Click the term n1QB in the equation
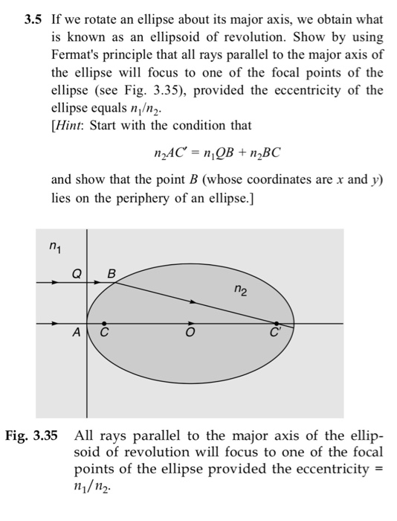coord(223,153)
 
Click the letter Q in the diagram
coord(75,274)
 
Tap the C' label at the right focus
coord(277,334)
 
